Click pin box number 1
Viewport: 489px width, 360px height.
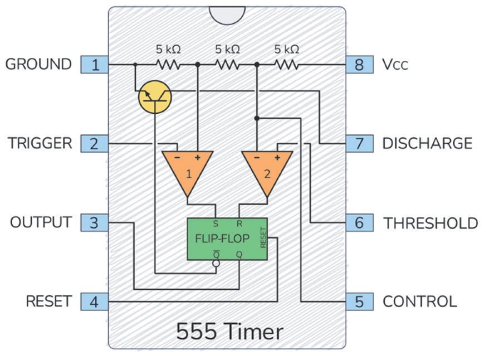click(x=95, y=65)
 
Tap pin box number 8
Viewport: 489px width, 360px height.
click(x=360, y=65)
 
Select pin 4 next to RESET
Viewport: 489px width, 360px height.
click(x=95, y=301)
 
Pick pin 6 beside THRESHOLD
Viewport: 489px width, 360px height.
click(x=360, y=223)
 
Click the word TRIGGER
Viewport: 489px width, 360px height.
click(x=40, y=143)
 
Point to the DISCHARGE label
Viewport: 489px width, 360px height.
click(x=427, y=144)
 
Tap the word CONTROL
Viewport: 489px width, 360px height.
click(x=420, y=301)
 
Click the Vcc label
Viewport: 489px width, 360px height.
click(x=395, y=65)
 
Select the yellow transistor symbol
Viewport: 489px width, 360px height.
click(x=155, y=97)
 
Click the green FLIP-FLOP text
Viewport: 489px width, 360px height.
click(x=222, y=239)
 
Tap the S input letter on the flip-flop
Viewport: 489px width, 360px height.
click(x=216, y=223)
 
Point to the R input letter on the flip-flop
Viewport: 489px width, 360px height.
click(x=239, y=223)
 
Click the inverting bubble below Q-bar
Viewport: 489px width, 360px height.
click(x=216, y=264)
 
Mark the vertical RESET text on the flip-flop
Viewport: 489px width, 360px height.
click(x=263, y=238)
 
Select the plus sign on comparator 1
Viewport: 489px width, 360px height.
click(x=197, y=158)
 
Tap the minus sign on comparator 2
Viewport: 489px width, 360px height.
click(x=257, y=158)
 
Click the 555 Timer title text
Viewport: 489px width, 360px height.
click(x=230, y=331)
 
